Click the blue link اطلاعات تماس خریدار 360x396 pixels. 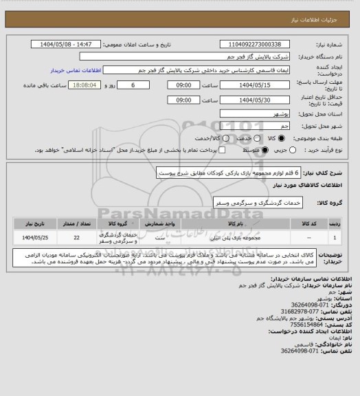point(76,71)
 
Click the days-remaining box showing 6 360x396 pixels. point(133,86)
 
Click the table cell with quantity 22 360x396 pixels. point(76,238)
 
